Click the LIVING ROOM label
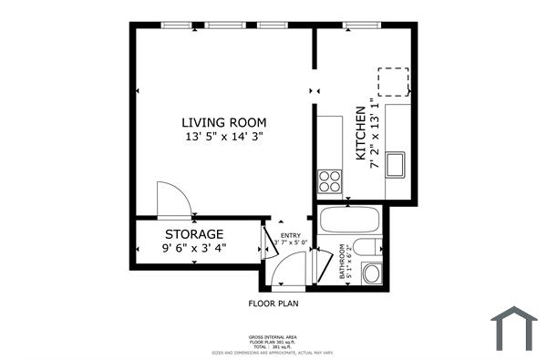tap(223, 122)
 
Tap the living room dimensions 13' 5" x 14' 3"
tap(223, 137)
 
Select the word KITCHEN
tap(360, 133)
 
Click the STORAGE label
tap(194, 234)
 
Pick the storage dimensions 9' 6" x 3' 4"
tap(194, 247)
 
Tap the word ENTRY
tap(289, 234)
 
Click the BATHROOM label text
tap(342, 263)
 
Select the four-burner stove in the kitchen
tap(329, 180)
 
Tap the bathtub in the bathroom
tap(350, 221)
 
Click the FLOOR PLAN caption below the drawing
tap(273, 303)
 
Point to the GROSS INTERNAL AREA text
tap(273, 336)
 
